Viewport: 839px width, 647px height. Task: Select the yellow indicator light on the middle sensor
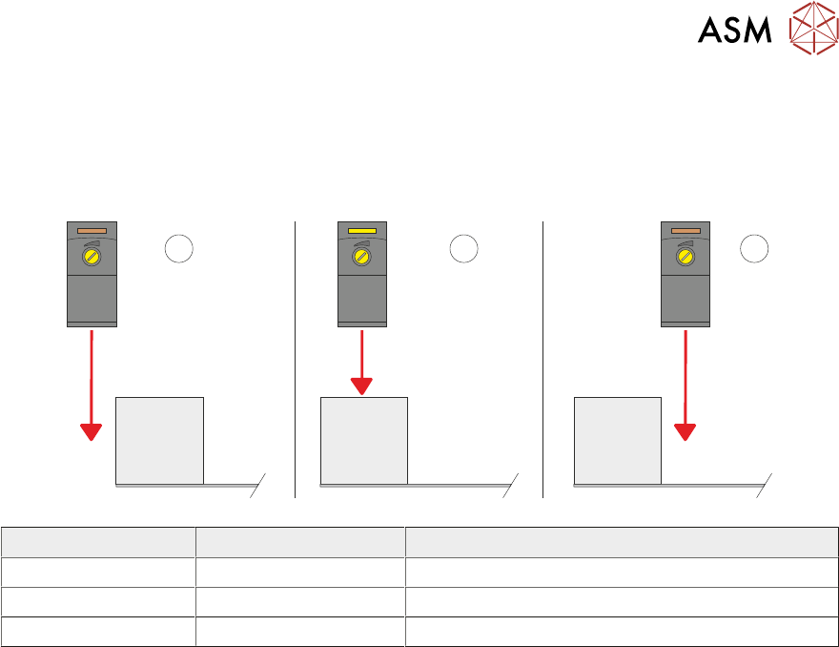[x=362, y=231]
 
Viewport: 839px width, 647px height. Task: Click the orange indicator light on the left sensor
[x=92, y=231]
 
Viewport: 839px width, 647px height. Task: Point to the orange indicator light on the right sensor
[x=686, y=231]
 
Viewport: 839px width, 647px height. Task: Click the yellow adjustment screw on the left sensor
[x=92, y=258]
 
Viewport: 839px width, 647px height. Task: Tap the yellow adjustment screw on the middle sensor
[x=362, y=258]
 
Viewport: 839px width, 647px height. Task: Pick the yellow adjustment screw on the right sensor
[x=686, y=258]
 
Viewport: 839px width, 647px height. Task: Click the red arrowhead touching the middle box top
[x=362, y=386]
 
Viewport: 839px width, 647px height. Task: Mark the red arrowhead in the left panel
[x=91, y=430]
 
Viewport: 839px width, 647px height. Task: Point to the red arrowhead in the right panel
[x=686, y=430]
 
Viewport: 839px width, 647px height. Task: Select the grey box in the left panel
[x=159, y=440]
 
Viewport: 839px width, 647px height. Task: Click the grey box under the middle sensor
[x=363, y=440]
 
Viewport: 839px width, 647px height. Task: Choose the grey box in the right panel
[x=617, y=440]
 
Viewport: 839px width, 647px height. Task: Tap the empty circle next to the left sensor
[x=179, y=248]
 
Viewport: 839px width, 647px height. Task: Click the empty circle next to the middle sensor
[x=463, y=248]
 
